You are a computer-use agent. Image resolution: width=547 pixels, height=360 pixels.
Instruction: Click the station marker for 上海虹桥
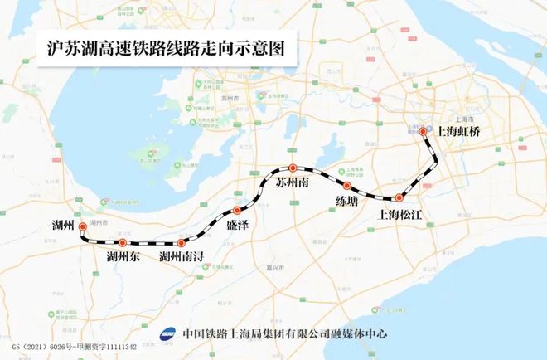click(x=423, y=131)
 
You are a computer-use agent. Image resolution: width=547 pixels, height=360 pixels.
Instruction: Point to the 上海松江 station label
click(x=400, y=215)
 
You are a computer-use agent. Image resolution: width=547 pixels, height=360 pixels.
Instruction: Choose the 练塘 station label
click(x=346, y=202)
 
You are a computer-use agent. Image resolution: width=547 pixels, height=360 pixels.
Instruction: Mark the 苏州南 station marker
click(x=292, y=168)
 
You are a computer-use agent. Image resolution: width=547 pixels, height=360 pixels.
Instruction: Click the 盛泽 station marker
click(x=237, y=210)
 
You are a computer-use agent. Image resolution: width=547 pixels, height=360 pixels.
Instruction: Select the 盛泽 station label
click(x=237, y=225)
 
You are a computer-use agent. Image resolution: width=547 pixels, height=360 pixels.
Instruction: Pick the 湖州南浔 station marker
click(x=181, y=243)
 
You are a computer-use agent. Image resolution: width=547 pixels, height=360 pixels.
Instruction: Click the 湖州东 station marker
click(x=123, y=242)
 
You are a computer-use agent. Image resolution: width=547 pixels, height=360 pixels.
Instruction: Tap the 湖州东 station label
click(x=123, y=257)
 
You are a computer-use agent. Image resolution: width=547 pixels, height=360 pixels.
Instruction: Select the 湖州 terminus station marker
click(x=81, y=225)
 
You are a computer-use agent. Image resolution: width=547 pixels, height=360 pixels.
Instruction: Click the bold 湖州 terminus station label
click(x=62, y=225)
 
